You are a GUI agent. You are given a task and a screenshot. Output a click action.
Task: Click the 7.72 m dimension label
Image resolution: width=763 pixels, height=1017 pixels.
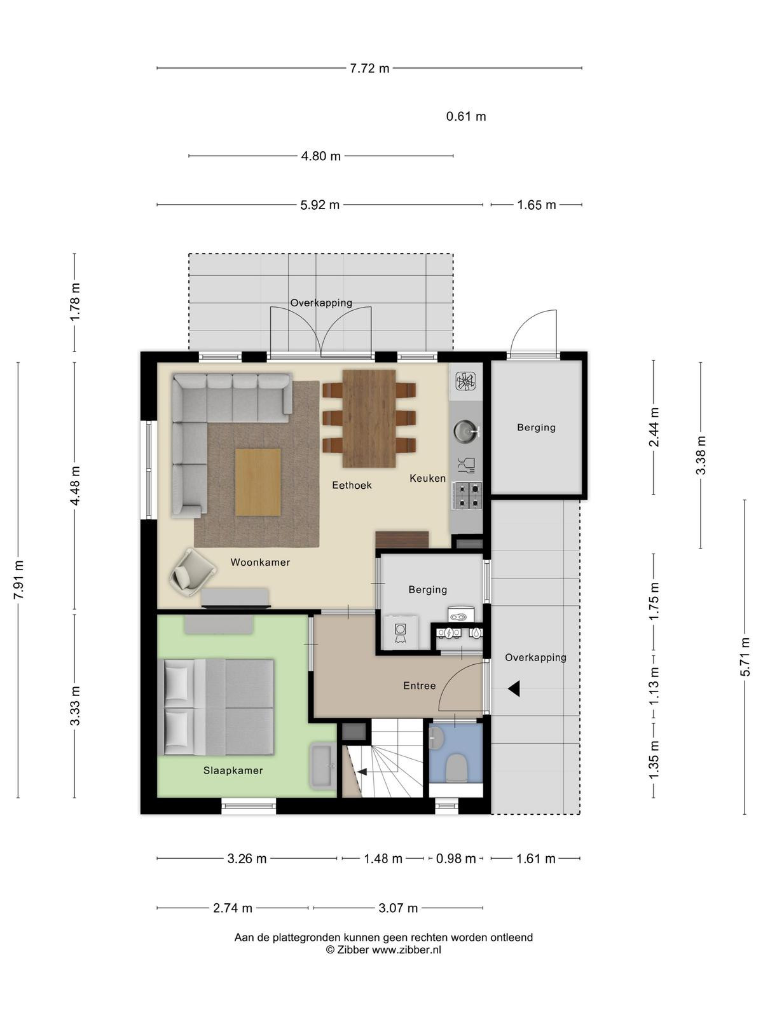(369, 69)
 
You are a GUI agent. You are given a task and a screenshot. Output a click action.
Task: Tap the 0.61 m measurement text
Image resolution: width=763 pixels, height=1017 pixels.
(466, 116)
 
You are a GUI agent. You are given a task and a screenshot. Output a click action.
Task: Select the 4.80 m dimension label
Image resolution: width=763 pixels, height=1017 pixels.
(320, 156)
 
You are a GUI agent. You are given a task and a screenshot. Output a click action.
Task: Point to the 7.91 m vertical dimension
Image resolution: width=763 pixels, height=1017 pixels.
(18, 580)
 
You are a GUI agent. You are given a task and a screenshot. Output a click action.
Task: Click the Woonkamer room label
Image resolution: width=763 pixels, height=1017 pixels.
(260, 563)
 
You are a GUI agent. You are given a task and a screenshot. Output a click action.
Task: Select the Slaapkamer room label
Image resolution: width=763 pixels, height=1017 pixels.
(233, 770)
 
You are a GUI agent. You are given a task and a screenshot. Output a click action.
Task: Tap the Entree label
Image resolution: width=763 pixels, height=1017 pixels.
(419, 686)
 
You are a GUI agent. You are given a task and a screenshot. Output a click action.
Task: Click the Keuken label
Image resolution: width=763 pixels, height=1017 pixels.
(427, 478)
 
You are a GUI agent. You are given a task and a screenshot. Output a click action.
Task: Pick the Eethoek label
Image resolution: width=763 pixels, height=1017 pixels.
(352, 485)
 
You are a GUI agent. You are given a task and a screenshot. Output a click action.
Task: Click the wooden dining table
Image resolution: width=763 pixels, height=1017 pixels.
(369, 418)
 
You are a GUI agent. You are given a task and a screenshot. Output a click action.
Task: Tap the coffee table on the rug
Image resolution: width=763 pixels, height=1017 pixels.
(258, 482)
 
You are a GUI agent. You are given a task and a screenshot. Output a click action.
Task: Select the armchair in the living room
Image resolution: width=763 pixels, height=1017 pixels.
(193, 572)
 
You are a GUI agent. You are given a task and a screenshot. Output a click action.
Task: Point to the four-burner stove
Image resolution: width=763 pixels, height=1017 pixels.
(469, 495)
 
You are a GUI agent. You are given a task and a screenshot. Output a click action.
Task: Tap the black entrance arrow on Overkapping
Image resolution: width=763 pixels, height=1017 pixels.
(514, 689)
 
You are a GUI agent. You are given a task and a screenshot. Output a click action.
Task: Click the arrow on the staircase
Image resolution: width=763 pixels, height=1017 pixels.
(362, 772)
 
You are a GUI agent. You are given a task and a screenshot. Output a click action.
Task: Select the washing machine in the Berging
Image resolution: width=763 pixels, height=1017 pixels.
(401, 632)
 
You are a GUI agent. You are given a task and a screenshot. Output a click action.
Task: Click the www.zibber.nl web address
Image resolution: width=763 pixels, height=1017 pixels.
(407, 950)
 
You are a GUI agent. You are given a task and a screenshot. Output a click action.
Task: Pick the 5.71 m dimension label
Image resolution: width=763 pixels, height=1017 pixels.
(745, 657)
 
